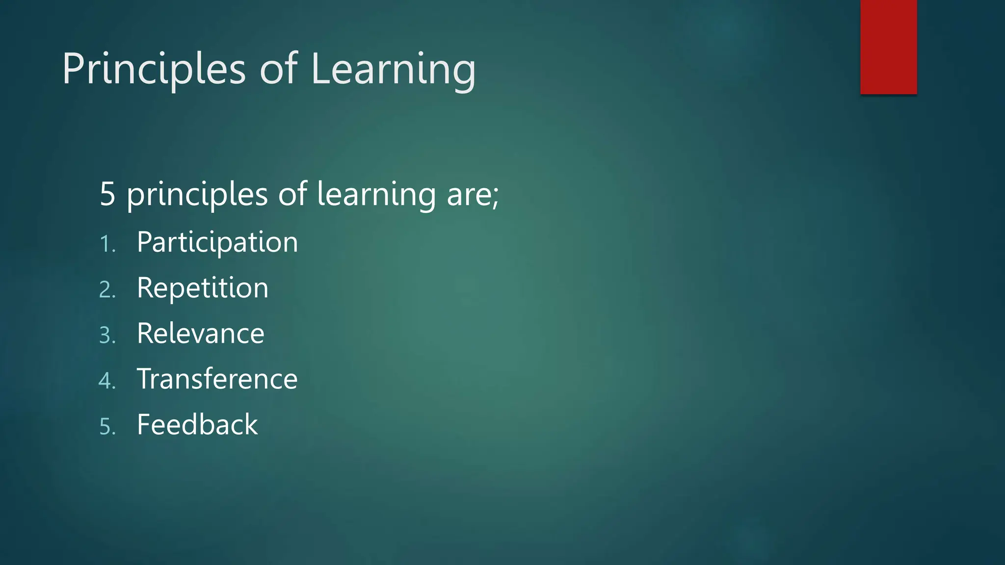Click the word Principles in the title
coord(154,70)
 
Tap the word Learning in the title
coord(393,70)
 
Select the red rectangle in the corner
coord(888,47)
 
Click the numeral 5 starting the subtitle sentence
coord(107,194)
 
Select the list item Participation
coord(217,242)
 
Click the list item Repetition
coord(203,288)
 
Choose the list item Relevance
coord(201,334)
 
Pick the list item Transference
coord(217,379)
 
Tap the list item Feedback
coord(197,425)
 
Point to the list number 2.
coord(107,290)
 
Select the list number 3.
coord(107,335)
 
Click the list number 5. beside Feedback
coord(107,427)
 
